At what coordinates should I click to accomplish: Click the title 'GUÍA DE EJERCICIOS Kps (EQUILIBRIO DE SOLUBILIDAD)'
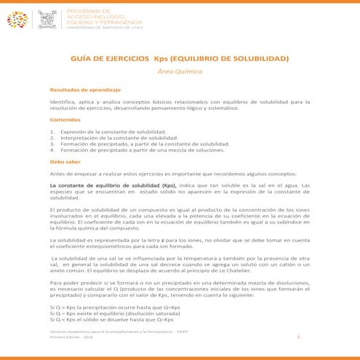click(x=180, y=57)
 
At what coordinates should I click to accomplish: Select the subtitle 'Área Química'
click(x=180, y=73)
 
